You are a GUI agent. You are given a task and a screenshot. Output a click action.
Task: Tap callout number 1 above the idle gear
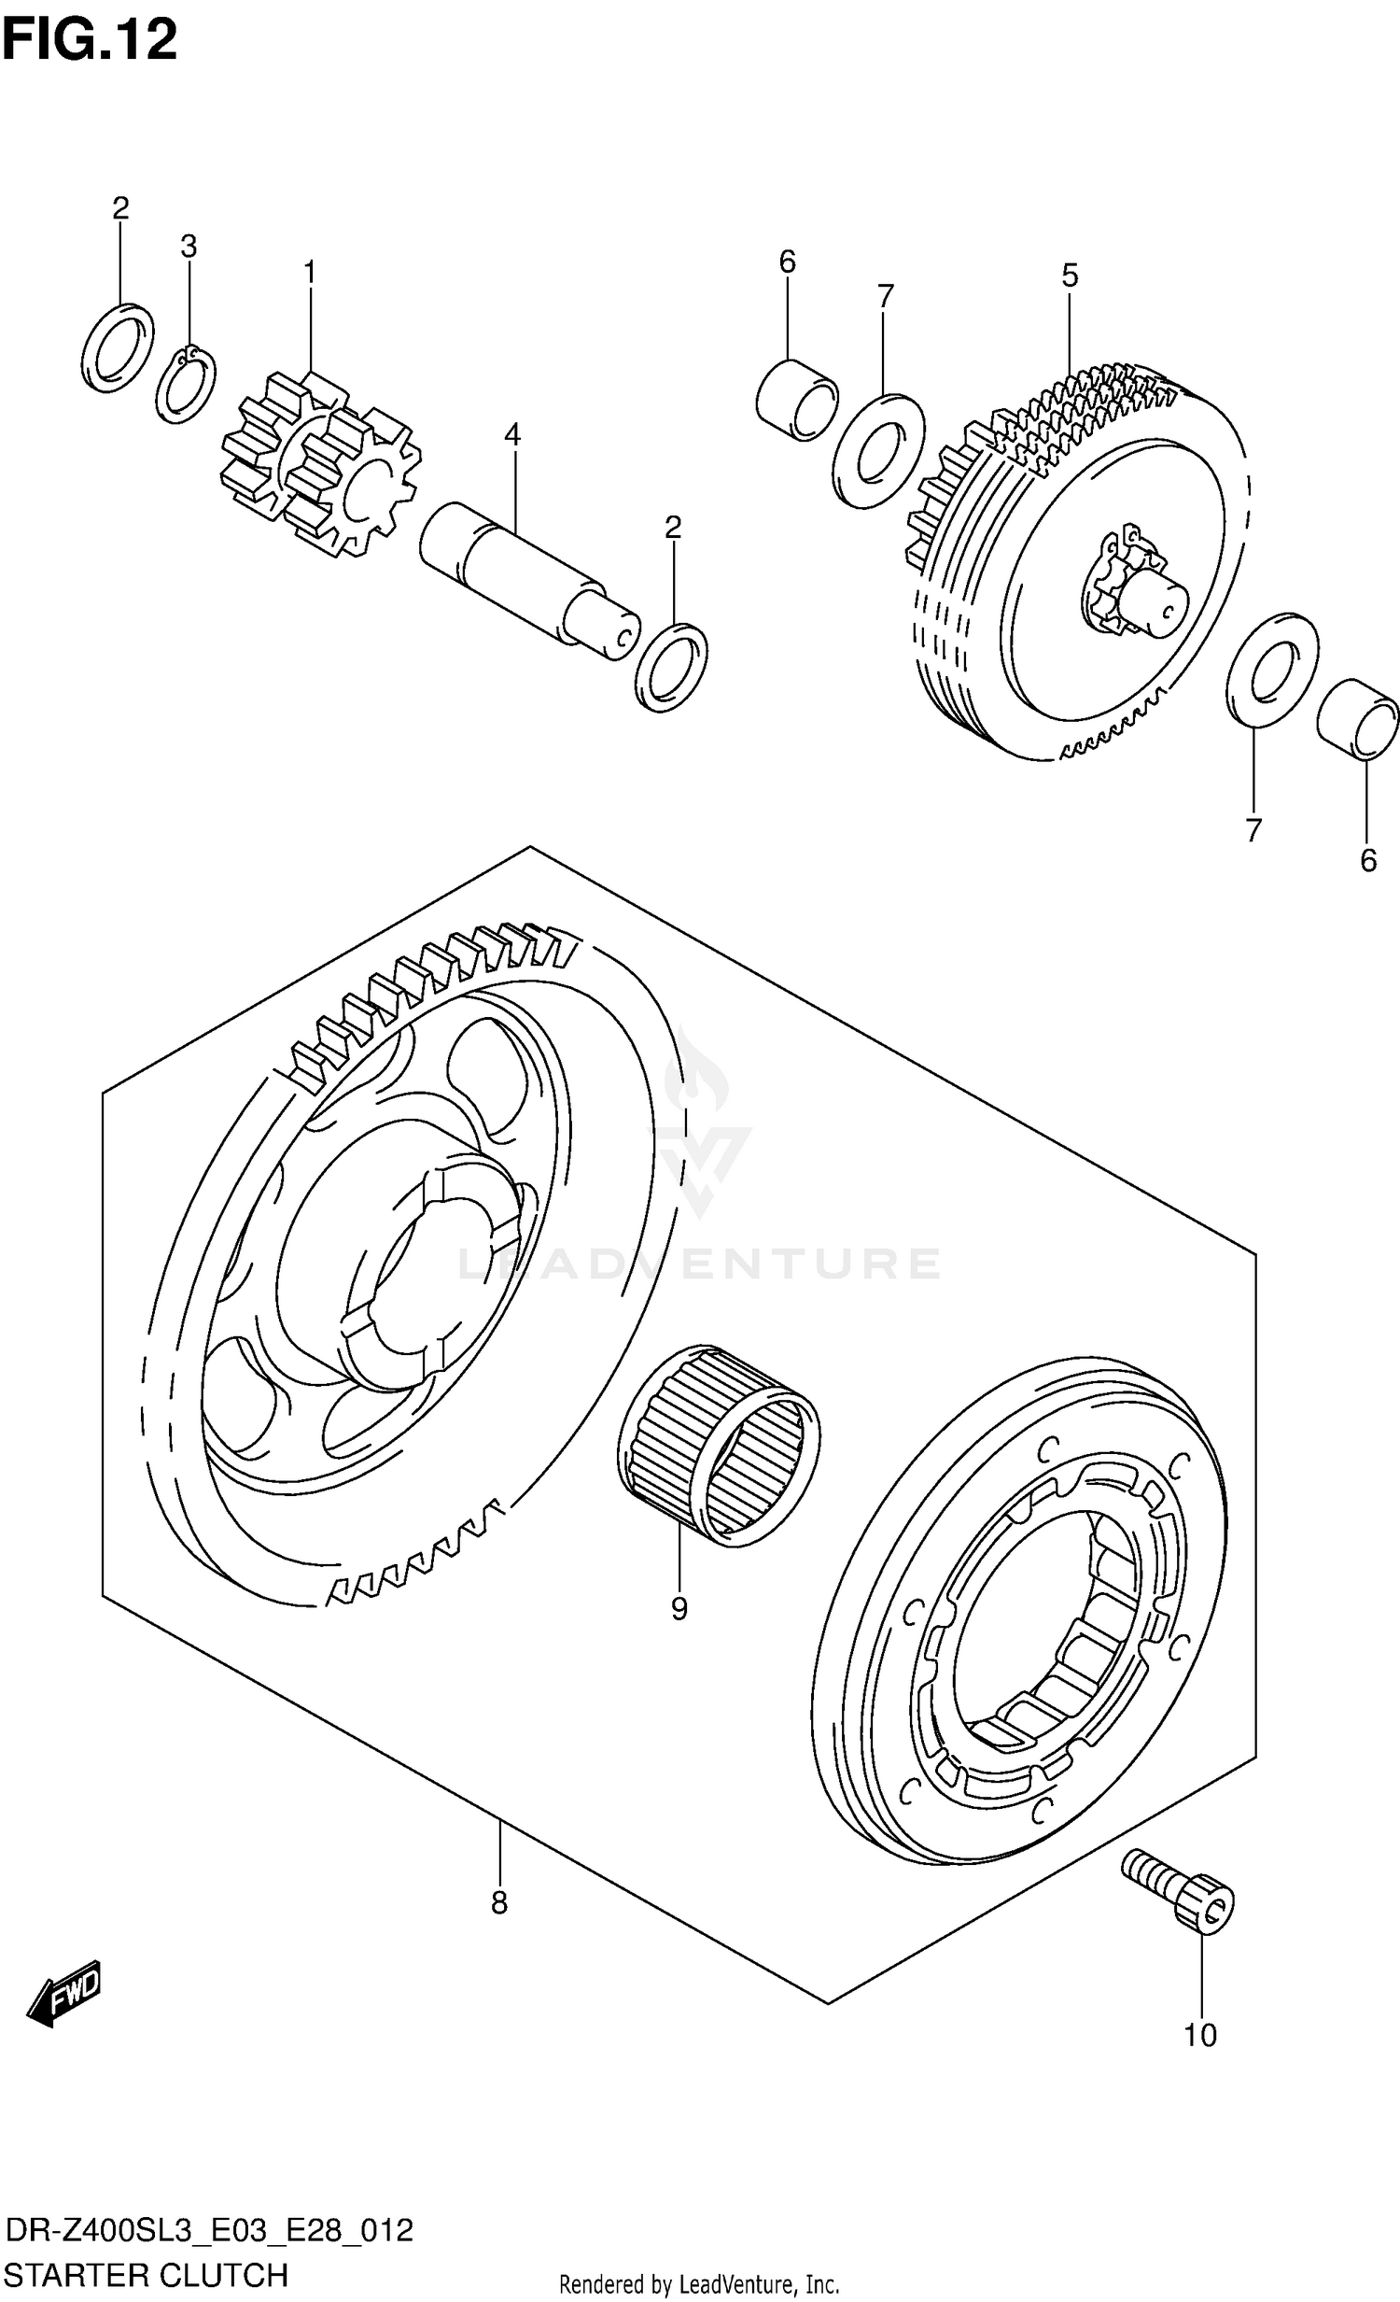[309, 273]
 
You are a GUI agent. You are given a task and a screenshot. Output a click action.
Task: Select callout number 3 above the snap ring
[189, 247]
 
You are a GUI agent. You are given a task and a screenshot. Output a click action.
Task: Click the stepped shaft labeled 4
[527, 579]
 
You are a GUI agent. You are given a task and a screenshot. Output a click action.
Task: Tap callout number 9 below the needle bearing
[679, 1608]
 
